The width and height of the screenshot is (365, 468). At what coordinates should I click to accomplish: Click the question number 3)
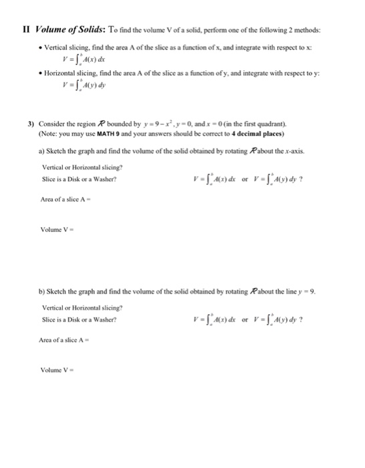(x=30, y=124)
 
